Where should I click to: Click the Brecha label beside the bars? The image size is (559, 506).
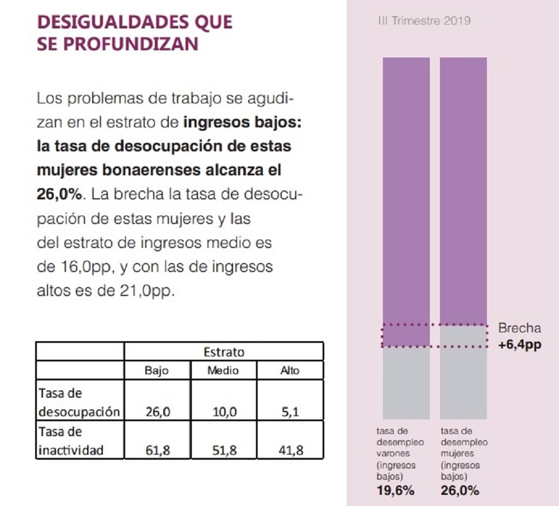pyautogui.click(x=519, y=328)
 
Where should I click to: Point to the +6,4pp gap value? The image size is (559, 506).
pyautogui.click(x=519, y=345)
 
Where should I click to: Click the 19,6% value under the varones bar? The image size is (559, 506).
pyautogui.click(x=395, y=491)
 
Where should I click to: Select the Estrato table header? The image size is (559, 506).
pyautogui.click(x=224, y=352)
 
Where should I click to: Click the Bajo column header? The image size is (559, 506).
pyautogui.click(x=157, y=370)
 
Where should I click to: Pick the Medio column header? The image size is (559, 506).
pyautogui.click(x=223, y=370)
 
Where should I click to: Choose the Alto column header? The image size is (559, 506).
pyautogui.click(x=290, y=370)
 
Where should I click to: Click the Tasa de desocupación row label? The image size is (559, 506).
pyautogui.click(x=78, y=403)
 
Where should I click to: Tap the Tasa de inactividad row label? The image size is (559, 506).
pyautogui.click(x=70, y=441)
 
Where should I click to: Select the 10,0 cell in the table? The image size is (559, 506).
pyautogui.click(x=224, y=413)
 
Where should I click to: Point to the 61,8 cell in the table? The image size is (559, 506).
pyautogui.click(x=157, y=451)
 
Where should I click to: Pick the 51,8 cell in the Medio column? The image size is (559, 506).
pyautogui.click(x=224, y=451)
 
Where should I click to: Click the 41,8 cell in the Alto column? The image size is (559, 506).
pyautogui.click(x=290, y=451)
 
